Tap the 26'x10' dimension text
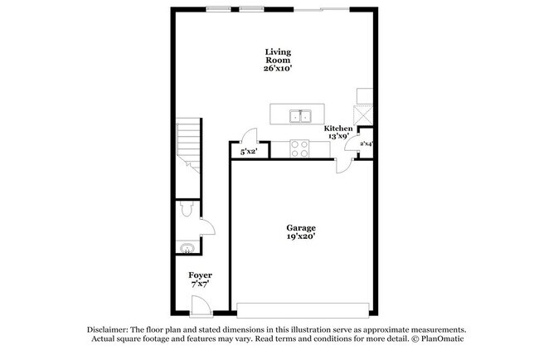point(278,70)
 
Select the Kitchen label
point(338,129)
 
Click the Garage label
point(301,227)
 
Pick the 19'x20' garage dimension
point(301,236)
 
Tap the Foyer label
point(200,275)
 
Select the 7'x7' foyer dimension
point(200,284)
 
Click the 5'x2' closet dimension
point(248,153)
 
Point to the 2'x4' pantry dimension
point(366,144)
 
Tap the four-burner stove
point(299,148)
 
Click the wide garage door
point(302,309)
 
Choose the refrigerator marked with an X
point(363,114)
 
